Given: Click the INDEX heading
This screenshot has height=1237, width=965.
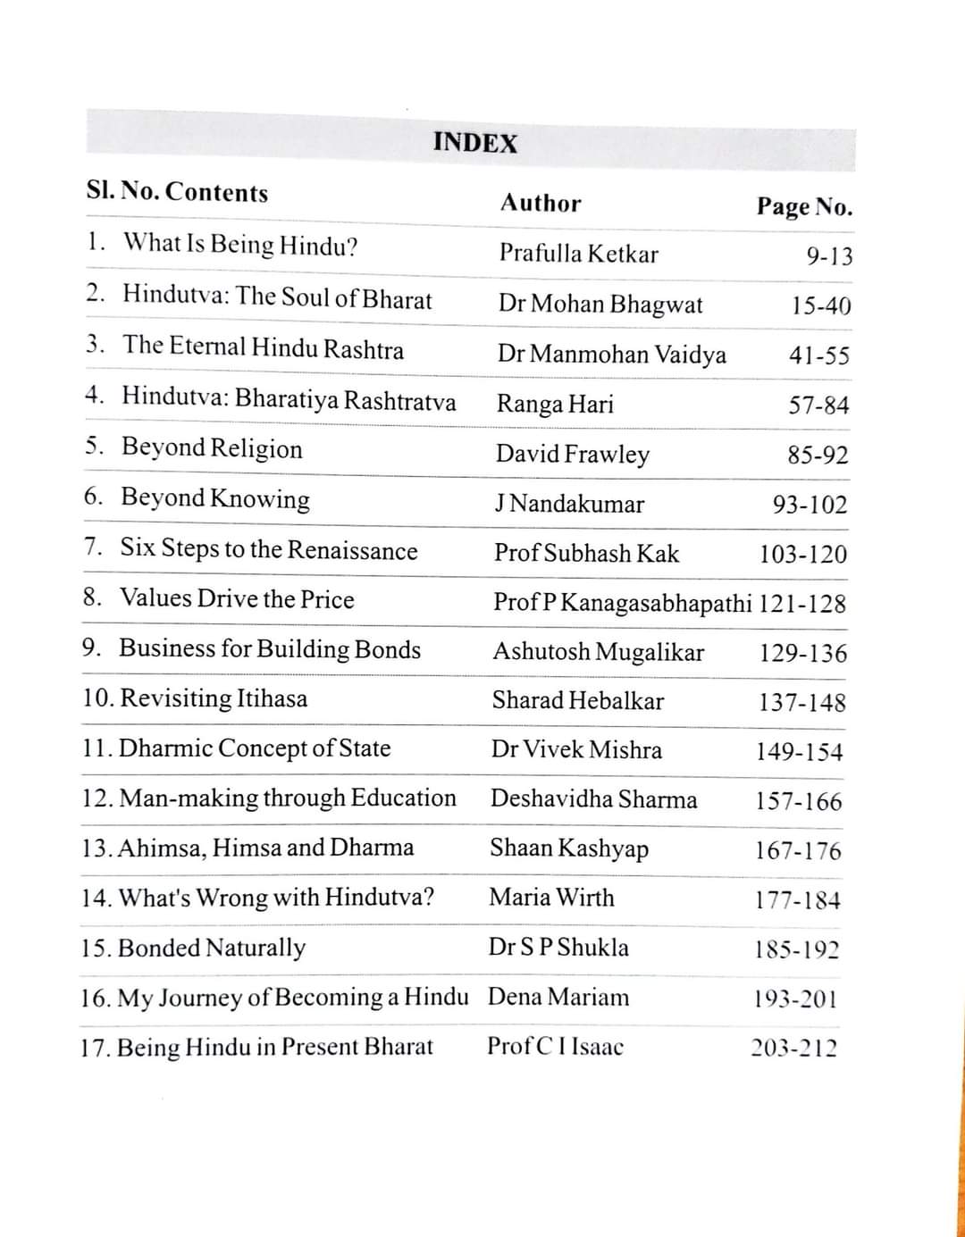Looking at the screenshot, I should tap(474, 143).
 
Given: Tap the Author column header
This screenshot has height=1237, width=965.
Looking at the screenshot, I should tap(540, 203).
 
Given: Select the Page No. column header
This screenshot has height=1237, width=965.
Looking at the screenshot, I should tap(804, 206).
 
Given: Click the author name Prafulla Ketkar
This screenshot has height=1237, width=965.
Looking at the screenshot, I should tap(578, 254).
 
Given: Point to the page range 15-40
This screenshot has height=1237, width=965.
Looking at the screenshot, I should tap(820, 305).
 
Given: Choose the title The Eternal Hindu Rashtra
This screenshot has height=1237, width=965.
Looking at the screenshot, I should tap(264, 347).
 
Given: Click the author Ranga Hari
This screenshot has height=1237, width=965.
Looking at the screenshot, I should tap(555, 404).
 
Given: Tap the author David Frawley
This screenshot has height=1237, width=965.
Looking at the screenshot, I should tap(573, 454).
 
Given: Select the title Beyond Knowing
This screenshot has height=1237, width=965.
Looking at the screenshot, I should tap(215, 497).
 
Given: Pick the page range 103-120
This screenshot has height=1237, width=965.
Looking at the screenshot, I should tap(802, 554).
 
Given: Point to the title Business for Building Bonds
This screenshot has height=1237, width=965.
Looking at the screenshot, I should tap(270, 648).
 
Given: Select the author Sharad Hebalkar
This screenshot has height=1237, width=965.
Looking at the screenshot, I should tap(577, 700).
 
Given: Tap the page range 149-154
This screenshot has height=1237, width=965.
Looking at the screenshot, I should tap(799, 751).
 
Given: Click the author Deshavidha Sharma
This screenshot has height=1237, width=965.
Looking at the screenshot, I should tap(593, 798).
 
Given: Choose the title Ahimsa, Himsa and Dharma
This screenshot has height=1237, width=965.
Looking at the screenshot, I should tap(265, 847).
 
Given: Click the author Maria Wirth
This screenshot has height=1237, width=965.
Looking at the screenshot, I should tap(551, 897).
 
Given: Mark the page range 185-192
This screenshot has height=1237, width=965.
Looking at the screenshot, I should tap(797, 949).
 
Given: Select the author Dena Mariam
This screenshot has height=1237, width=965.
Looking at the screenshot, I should tap(558, 997).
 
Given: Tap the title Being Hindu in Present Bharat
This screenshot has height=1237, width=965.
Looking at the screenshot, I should tap(274, 1047).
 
